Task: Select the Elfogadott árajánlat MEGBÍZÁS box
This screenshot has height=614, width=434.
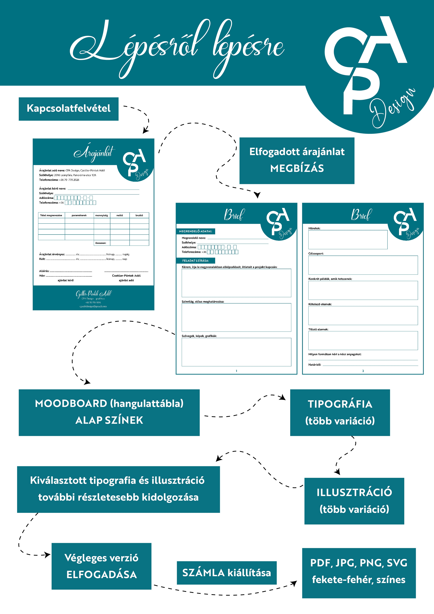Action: [297, 161]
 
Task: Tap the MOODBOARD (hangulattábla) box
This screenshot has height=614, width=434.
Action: [109, 412]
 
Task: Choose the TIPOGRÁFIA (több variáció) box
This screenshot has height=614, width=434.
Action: [340, 412]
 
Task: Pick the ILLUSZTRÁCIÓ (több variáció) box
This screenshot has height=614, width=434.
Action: [354, 501]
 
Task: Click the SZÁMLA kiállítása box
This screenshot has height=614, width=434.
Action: [226, 573]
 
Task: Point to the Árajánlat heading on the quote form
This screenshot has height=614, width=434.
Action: [94, 153]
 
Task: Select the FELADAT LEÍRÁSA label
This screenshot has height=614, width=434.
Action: [196, 260]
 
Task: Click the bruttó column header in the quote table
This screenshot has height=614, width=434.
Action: [139, 215]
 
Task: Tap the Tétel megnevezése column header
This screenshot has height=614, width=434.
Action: [51, 215]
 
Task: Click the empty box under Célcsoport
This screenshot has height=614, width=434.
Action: [363, 265]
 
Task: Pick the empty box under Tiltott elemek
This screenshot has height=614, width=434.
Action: [363, 340]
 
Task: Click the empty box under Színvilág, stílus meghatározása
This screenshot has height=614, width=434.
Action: [236, 318]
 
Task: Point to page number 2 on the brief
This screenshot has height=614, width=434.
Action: [363, 371]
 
